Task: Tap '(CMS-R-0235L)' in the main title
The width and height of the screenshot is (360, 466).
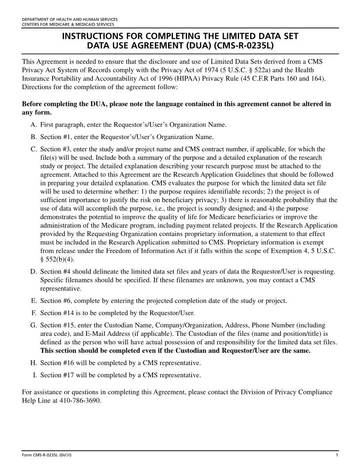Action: coord(245,45)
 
